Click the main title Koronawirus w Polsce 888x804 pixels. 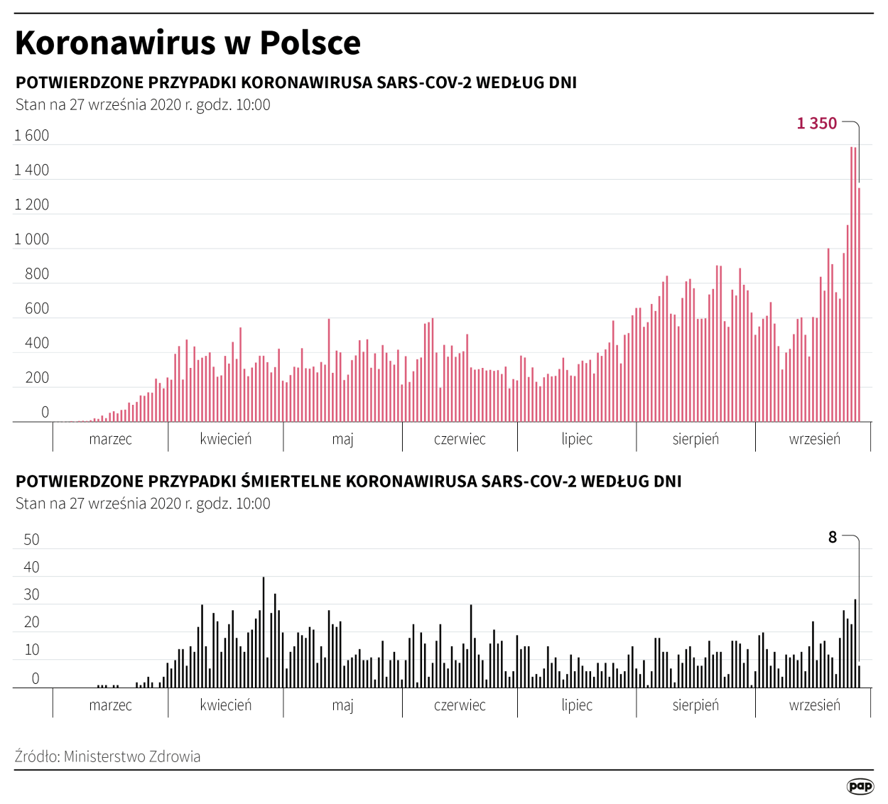click(x=188, y=43)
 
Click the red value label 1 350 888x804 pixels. click(x=816, y=124)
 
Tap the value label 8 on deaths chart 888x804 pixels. click(x=833, y=538)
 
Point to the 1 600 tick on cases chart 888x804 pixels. click(x=32, y=136)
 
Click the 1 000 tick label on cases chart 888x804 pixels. click(x=32, y=239)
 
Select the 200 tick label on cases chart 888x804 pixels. click(x=37, y=378)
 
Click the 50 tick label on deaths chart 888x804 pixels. click(x=32, y=540)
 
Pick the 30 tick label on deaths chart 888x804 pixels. click(x=32, y=595)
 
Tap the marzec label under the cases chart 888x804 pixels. click(x=110, y=439)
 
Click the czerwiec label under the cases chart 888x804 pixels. click(x=460, y=439)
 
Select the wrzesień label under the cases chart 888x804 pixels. click(x=814, y=439)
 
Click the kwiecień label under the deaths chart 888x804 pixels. click(x=226, y=705)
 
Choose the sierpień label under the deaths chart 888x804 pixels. click(x=695, y=705)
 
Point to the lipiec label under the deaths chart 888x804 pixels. click(x=577, y=705)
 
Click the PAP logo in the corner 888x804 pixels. click(x=860, y=786)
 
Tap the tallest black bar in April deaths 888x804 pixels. click(x=264, y=632)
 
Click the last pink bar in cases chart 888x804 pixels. click(x=859, y=305)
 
